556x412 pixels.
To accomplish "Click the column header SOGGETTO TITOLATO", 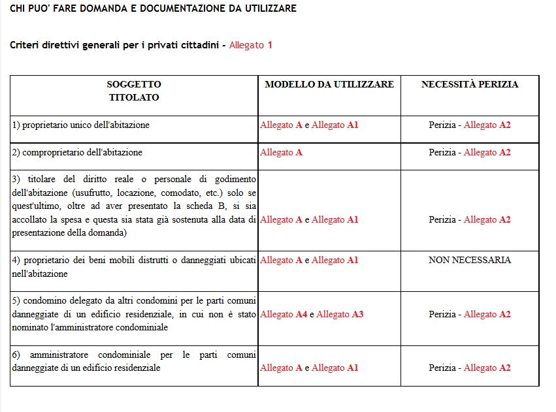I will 133,91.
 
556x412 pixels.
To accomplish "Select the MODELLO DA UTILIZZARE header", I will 329,84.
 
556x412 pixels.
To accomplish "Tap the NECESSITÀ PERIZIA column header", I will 470,84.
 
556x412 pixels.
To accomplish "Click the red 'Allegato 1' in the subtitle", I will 250,45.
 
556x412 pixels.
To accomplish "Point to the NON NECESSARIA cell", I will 470,260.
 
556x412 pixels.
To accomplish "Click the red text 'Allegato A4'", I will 284,314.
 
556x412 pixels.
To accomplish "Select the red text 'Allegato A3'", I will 340,314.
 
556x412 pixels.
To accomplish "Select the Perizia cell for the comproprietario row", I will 470,152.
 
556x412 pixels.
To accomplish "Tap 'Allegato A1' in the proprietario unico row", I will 335,125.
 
